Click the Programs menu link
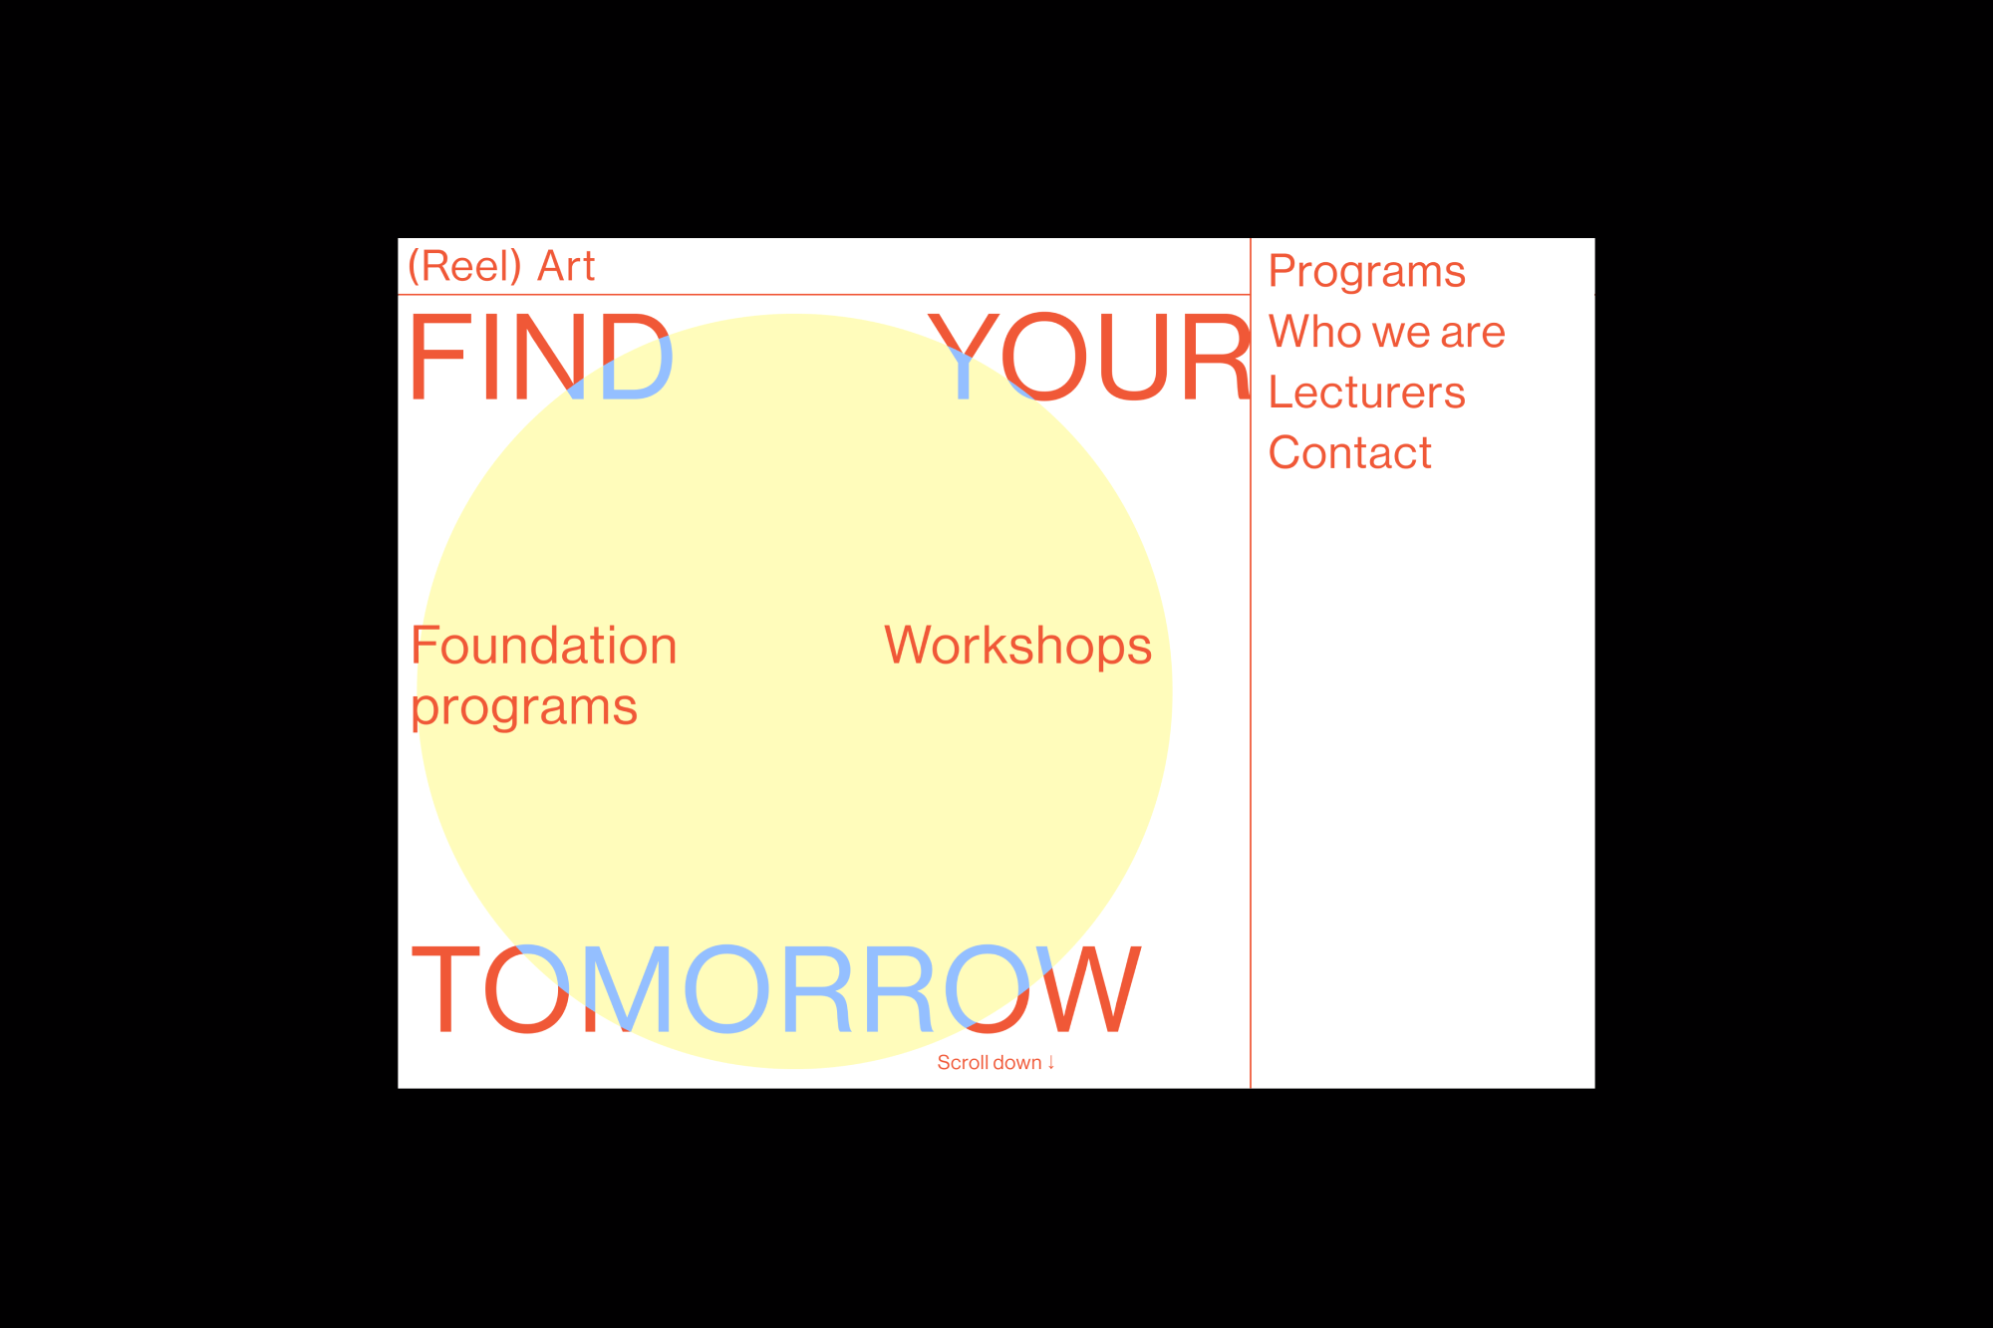click(1366, 272)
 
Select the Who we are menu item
click(1386, 332)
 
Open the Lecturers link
click(1366, 393)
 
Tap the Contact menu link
click(1349, 453)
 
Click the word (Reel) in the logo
click(464, 266)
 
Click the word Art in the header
click(566, 266)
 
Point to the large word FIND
click(541, 357)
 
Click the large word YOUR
click(1089, 357)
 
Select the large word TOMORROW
click(776, 989)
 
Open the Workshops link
click(1017, 646)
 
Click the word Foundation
click(544, 646)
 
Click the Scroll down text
click(990, 1063)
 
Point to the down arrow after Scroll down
click(1050, 1063)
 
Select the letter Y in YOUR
click(963, 357)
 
